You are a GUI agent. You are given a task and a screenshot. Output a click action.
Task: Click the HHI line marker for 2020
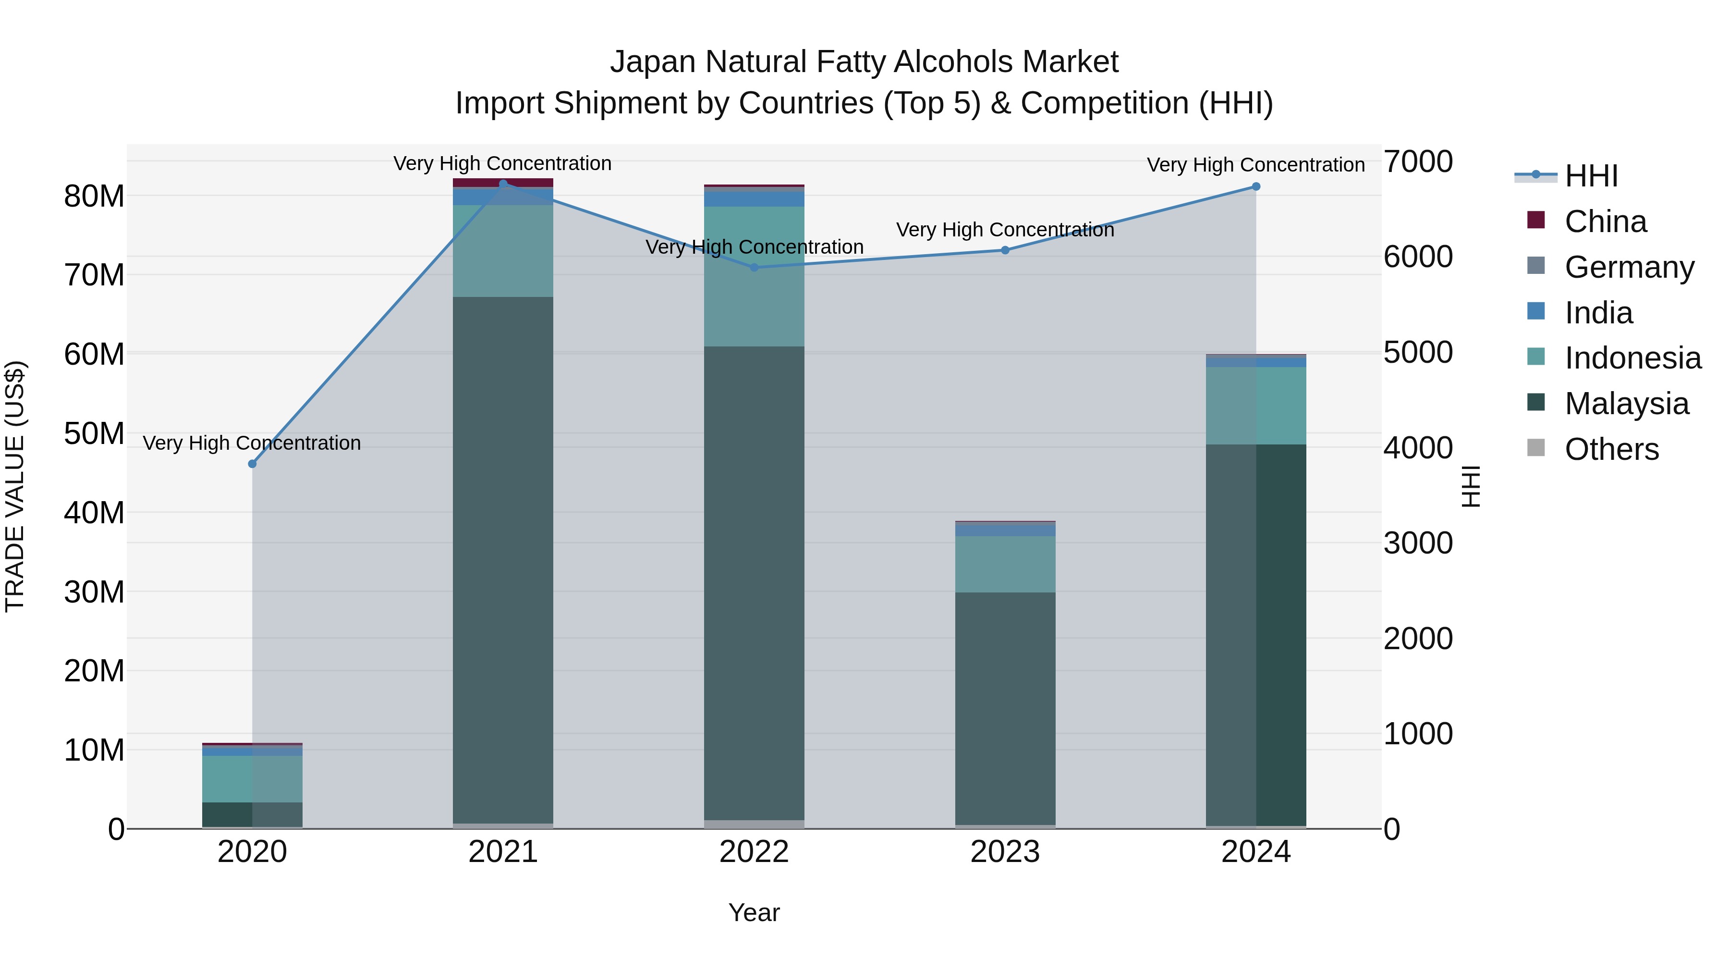pos(252,464)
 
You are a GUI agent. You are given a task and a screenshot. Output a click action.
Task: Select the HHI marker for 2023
pos(1005,250)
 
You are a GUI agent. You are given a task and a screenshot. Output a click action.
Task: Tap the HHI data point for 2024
pos(1256,187)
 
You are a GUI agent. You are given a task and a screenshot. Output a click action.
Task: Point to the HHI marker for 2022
pos(754,267)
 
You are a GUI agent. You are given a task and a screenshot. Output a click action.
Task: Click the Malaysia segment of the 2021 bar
pos(503,557)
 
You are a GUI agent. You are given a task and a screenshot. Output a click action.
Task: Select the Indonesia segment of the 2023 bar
pos(1005,564)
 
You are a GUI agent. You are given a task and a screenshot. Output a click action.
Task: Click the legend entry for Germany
pos(1629,267)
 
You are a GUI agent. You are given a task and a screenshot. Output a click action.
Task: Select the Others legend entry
pos(1611,449)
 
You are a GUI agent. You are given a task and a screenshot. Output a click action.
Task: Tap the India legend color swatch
pos(1536,311)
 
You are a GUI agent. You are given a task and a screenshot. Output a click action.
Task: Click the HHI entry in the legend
pos(1591,176)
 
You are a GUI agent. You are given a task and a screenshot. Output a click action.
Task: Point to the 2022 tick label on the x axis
pos(754,852)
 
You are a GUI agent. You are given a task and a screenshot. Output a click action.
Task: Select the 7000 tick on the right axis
pos(1418,162)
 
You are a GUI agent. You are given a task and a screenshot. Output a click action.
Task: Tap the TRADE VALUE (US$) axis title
pos(15,486)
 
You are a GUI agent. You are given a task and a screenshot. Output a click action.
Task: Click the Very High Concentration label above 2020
pos(252,443)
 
